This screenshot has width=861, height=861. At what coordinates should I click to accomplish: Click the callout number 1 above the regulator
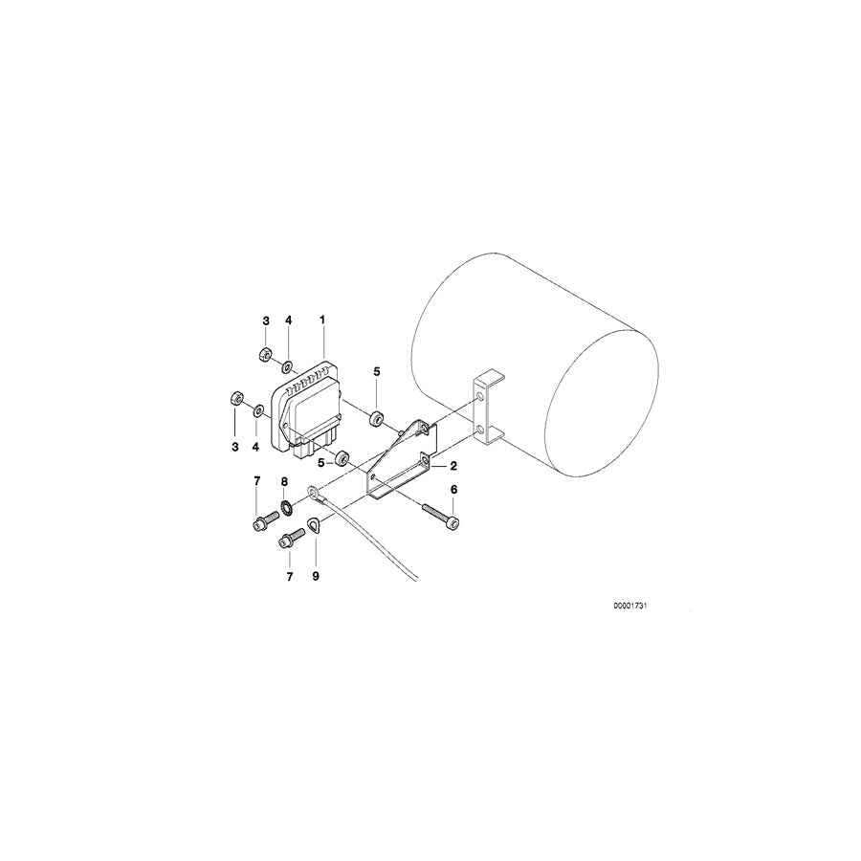[322, 319]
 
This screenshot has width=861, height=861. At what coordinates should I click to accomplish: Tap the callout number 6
[453, 489]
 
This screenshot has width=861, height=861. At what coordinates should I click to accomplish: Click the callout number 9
[316, 576]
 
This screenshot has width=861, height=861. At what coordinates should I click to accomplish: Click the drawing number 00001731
[636, 606]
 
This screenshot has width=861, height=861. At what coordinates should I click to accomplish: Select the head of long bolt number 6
[453, 521]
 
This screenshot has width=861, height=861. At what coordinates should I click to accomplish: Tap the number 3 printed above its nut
[266, 319]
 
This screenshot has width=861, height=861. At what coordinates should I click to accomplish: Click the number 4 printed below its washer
[255, 446]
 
